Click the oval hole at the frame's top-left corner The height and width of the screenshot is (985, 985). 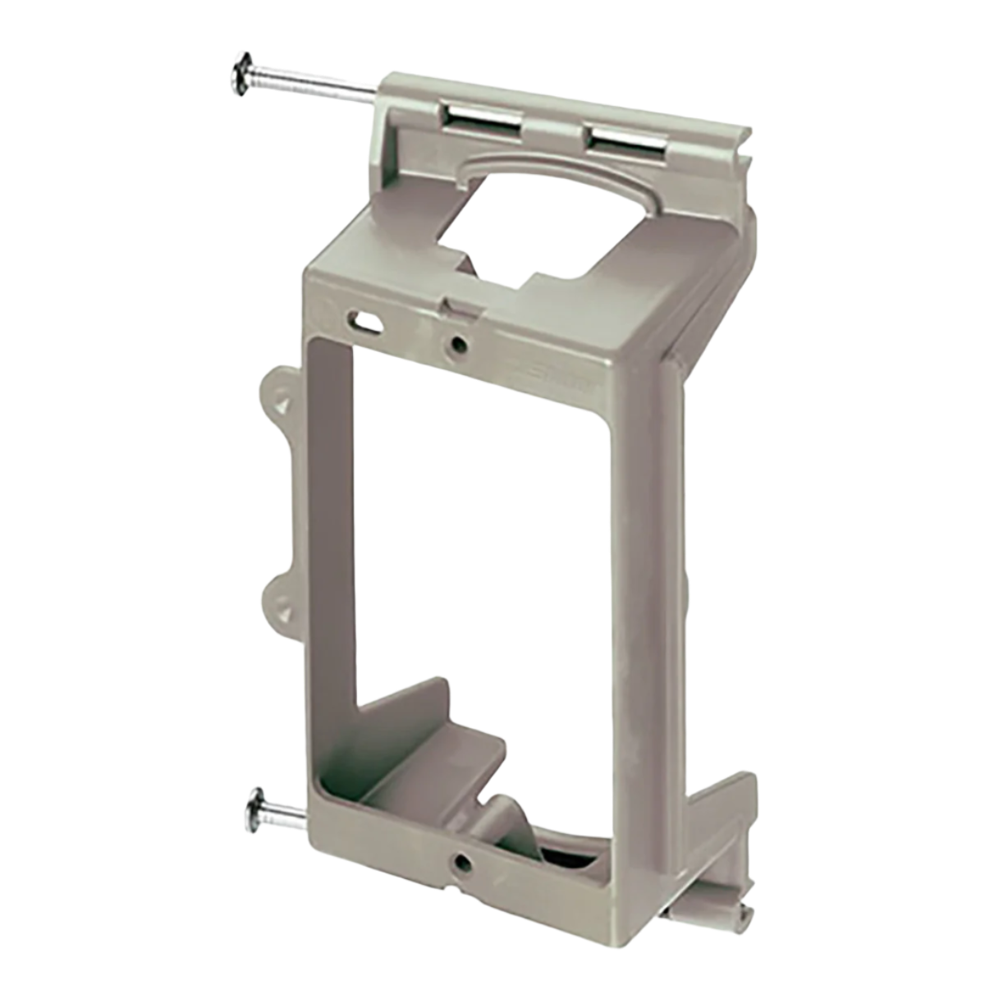(368, 319)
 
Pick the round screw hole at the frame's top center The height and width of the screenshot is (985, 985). (453, 343)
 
